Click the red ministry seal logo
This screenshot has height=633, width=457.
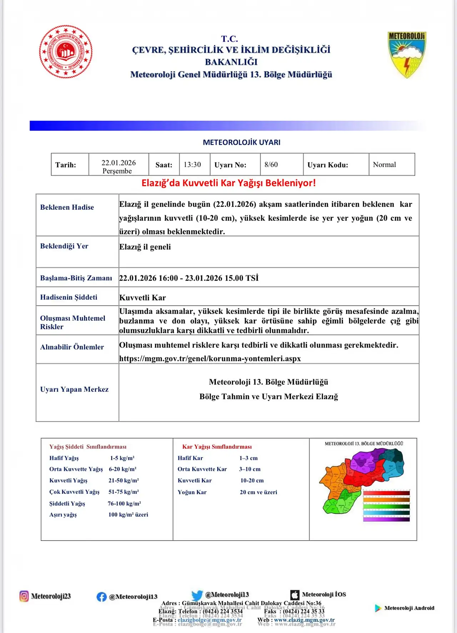(66, 52)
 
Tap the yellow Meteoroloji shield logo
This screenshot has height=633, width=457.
(407, 55)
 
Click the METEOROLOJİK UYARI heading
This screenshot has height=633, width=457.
(242, 142)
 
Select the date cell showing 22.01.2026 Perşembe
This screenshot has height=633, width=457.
(119, 166)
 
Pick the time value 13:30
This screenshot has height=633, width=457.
(192, 164)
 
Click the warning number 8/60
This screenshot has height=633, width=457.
(271, 164)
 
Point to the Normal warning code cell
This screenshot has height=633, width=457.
(385, 164)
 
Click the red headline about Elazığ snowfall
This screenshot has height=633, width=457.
(228, 183)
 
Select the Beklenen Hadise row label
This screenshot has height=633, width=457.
(67, 207)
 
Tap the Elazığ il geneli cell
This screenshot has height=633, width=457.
(145, 247)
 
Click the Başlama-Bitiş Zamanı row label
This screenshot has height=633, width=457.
(76, 278)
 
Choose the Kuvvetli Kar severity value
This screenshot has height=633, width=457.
(142, 298)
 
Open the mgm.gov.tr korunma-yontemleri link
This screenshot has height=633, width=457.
(210, 359)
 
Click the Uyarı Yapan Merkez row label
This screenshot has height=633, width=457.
(74, 389)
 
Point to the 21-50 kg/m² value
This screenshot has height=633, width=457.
(124, 481)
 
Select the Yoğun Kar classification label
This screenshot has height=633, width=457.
(192, 492)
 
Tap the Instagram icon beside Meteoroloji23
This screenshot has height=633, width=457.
(24, 596)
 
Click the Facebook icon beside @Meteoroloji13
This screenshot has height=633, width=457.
(102, 597)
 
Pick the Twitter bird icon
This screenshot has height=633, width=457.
(197, 595)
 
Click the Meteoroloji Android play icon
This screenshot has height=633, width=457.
(378, 608)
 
